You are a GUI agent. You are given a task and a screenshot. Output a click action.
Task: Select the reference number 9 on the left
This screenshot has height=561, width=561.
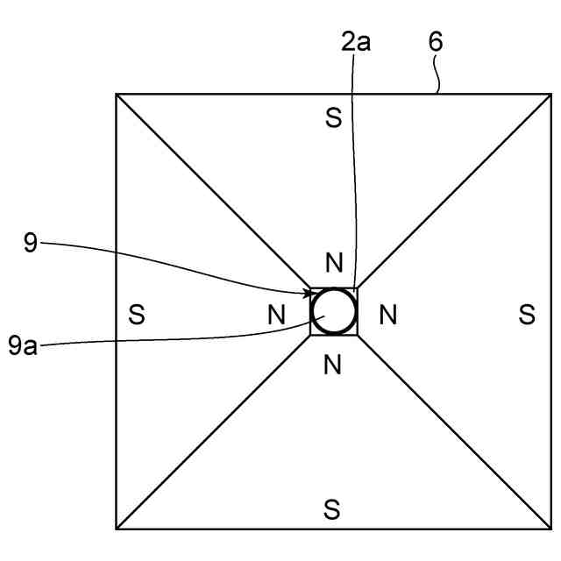[31, 243]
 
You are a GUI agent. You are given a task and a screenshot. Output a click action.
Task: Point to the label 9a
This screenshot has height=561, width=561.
[25, 344]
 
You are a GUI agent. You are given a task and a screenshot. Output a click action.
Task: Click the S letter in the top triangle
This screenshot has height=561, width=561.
[332, 119]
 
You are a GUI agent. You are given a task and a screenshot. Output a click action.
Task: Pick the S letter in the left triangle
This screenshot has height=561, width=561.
[136, 314]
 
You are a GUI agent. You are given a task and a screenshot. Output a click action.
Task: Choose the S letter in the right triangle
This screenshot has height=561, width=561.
[526, 314]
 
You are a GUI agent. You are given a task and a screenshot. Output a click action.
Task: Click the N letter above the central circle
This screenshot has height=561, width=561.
[332, 263]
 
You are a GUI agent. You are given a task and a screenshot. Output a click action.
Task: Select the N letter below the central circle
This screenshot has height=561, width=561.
[332, 366]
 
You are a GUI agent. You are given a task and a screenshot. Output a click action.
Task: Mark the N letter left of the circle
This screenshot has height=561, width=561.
[276, 314]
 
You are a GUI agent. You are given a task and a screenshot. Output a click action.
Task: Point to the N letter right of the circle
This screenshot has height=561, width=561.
[387, 314]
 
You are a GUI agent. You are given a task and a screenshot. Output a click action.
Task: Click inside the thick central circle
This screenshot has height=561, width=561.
[334, 312]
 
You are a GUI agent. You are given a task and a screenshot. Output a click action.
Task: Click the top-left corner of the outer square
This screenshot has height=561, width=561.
[117, 94]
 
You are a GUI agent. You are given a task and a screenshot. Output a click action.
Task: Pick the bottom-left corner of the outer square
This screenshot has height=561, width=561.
[117, 529]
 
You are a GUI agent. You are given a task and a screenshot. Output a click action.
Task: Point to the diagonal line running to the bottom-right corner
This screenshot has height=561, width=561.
[454, 431]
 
